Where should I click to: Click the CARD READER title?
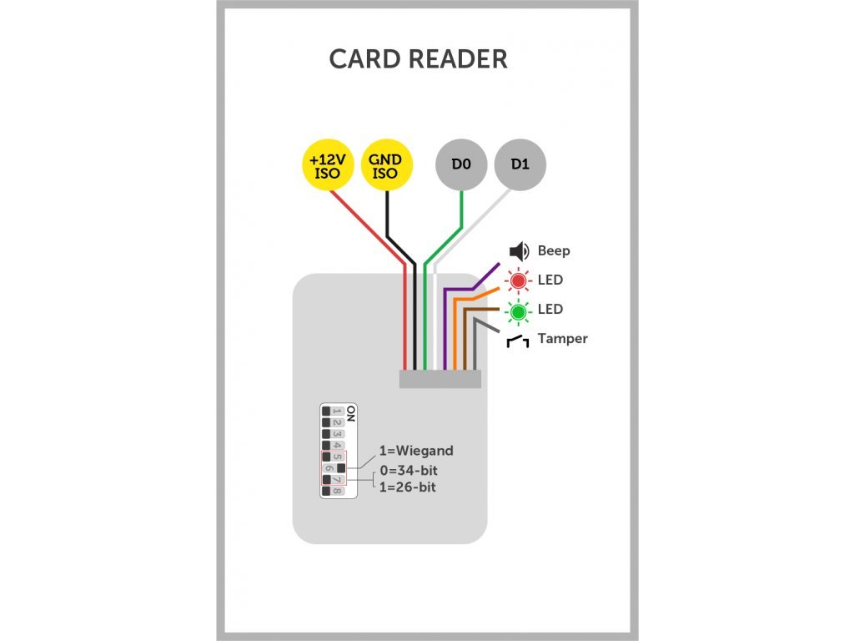(x=418, y=59)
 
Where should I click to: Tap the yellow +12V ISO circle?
(x=328, y=164)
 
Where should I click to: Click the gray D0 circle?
(x=461, y=164)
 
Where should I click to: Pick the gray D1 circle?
(x=520, y=164)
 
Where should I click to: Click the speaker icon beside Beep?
(x=519, y=251)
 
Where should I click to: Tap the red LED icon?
(x=518, y=280)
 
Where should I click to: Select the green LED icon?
(x=518, y=312)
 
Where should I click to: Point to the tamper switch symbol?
(x=517, y=341)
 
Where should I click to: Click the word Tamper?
(x=563, y=339)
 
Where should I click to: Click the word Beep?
(x=554, y=250)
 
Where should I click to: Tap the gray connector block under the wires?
(x=440, y=380)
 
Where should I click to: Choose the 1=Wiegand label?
(x=416, y=451)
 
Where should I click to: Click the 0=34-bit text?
(x=409, y=471)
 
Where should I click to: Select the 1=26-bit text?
(x=407, y=487)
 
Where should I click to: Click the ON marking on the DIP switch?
(x=351, y=414)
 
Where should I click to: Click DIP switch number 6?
(x=333, y=468)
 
